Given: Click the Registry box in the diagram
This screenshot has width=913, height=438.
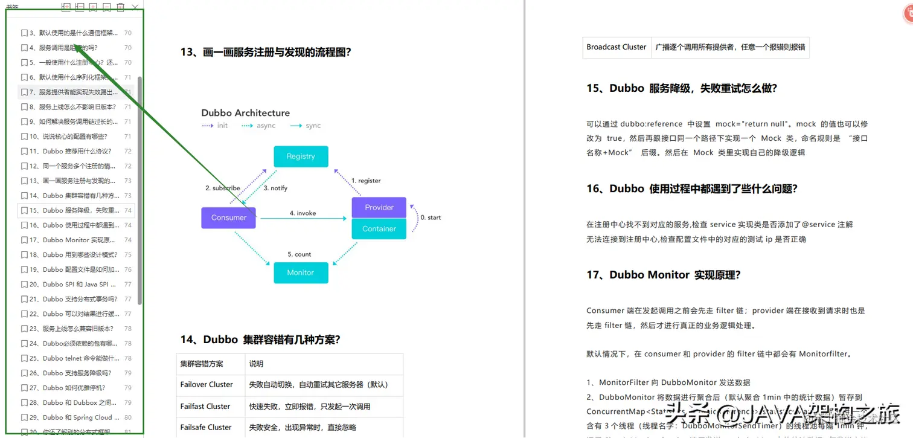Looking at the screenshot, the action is [301, 156].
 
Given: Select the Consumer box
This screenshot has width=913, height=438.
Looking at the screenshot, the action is [228, 217].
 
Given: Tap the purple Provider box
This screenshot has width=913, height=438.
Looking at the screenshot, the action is [379, 207].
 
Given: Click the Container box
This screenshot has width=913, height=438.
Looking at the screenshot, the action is [379, 229].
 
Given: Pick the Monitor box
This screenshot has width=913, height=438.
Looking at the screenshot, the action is [301, 272].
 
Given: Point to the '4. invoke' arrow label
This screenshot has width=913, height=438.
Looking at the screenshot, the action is [303, 213].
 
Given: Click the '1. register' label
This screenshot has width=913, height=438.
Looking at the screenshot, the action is [366, 181].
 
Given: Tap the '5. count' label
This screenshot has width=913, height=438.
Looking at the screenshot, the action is [299, 254].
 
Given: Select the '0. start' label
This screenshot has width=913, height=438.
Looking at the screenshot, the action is [431, 217].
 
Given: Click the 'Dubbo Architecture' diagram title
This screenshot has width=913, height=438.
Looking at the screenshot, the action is [245, 113].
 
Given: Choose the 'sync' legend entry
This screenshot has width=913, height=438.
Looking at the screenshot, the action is [313, 126].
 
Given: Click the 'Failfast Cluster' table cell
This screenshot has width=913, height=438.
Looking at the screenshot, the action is [205, 407].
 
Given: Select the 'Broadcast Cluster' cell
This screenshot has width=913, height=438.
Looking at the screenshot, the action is [617, 47].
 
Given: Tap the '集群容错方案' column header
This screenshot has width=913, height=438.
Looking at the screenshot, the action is [202, 364].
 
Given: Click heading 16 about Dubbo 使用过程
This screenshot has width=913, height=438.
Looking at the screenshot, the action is [692, 189].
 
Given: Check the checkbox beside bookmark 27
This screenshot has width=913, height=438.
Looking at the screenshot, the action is [24, 388].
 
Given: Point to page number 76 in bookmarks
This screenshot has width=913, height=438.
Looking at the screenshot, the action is [128, 269].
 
